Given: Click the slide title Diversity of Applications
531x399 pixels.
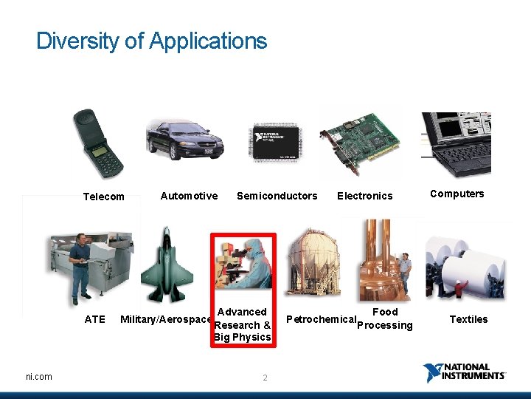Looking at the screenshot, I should tap(151, 41).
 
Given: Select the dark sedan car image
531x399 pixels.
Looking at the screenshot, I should tap(184, 139).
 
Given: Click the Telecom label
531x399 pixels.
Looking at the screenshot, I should tap(104, 197).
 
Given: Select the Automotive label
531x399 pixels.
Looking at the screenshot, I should tap(189, 196).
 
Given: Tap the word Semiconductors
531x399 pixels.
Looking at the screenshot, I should tap(277, 196).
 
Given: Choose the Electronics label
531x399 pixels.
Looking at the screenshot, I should tap(364, 196).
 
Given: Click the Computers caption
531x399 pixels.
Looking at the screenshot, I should tap(457, 194).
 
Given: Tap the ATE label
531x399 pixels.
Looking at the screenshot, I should tap(95, 319).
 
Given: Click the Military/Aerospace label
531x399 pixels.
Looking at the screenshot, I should tap(166, 319).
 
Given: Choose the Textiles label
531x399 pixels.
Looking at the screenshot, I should tap(468, 319).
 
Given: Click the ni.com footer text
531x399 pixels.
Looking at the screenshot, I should tap(38, 377).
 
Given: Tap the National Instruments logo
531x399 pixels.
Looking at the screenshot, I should tap(465, 373).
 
